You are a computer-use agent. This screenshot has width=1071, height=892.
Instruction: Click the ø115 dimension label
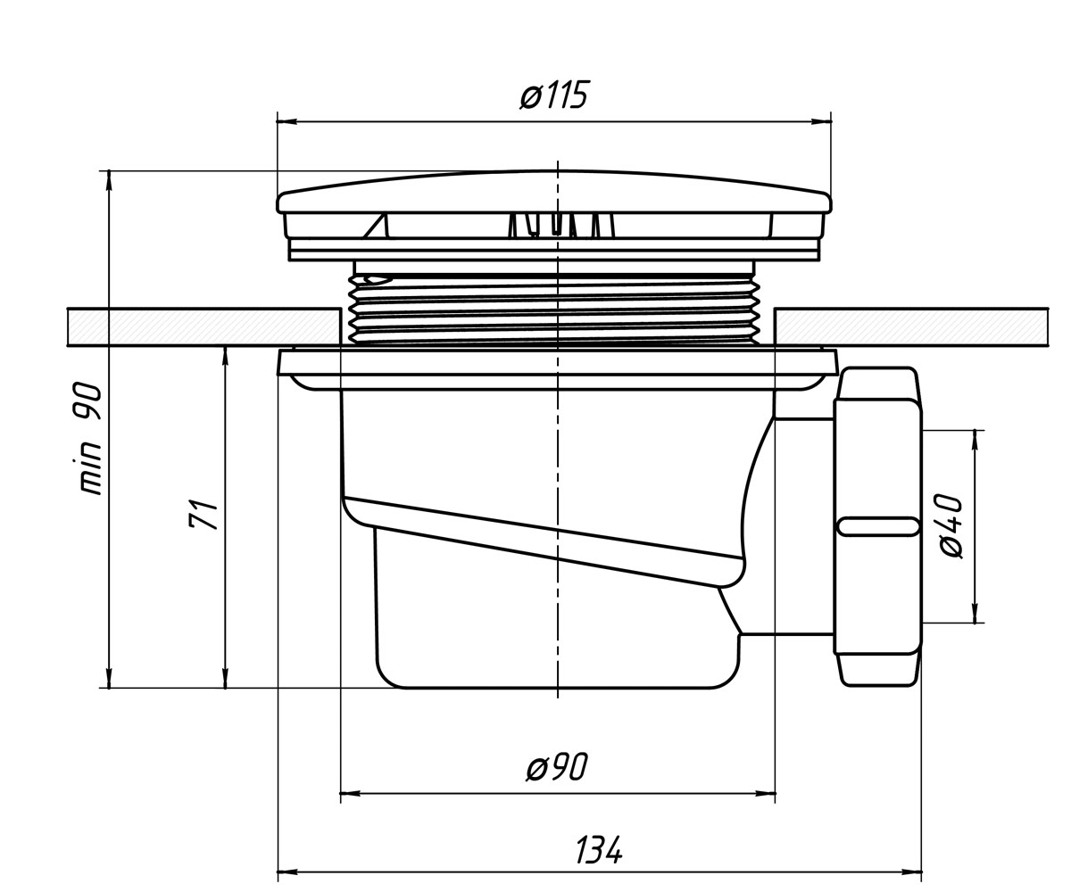pyautogui.click(x=553, y=95)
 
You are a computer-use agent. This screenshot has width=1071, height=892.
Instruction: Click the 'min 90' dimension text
pyautogui.click(x=91, y=438)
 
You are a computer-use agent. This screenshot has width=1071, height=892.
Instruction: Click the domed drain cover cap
pyautogui.click(x=554, y=193)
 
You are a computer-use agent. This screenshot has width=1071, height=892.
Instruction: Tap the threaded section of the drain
pyautogui.click(x=554, y=309)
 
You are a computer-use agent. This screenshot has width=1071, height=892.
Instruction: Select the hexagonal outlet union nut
pyautogui.click(x=878, y=526)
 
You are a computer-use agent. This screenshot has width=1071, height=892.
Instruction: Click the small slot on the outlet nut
pyautogui.click(x=878, y=526)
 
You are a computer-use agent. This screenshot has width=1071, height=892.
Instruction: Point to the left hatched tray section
pyautogui.click(x=203, y=327)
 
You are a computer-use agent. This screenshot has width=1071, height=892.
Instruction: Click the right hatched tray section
pyautogui.click(x=911, y=327)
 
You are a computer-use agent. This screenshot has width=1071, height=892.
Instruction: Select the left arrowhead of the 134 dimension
pyautogui.click(x=287, y=871)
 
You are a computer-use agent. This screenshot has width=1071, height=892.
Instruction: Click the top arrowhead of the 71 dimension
pyautogui.click(x=225, y=357)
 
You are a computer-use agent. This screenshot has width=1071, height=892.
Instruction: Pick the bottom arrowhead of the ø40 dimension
pyautogui.click(x=976, y=613)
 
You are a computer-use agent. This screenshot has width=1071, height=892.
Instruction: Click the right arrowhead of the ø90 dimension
pyautogui.click(x=765, y=794)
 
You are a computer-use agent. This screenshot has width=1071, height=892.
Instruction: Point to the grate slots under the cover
pyautogui.click(x=561, y=225)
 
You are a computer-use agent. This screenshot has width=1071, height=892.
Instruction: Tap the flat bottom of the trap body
pyautogui.click(x=558, y=688)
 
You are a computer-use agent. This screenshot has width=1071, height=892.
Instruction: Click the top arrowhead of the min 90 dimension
pyautogui.click(x=109, y=181)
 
